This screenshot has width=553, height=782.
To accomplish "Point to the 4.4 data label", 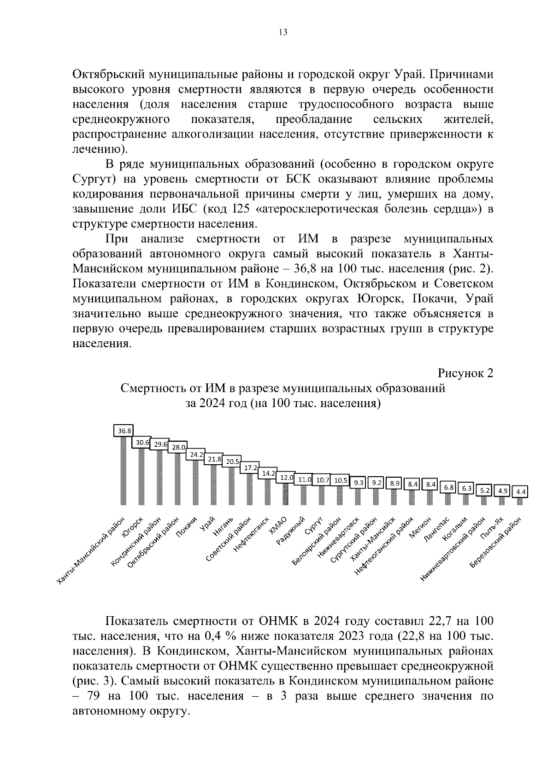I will pyautogui.click(x=521, y=492).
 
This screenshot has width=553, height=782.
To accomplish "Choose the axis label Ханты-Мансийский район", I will pyautogui.click(x=91, y=551).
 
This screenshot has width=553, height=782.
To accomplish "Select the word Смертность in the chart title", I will pyautogui.click(x=150, y=388).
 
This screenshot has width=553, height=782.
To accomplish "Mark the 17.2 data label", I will pyautogui.click(x=251, y=467).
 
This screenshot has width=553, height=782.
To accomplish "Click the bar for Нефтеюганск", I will pyautogui.click(x=267, y=492).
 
